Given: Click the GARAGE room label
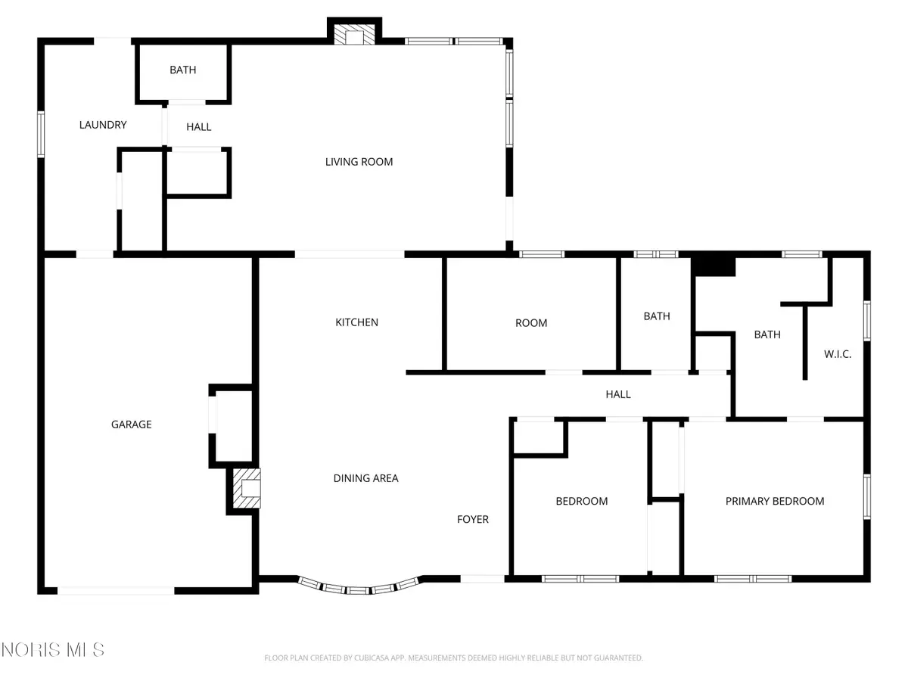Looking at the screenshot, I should tap(132, 424).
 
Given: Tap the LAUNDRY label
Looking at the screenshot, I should tap(103, 125).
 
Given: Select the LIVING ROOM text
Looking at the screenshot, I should tap(359, 161).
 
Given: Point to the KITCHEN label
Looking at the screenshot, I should tap(356, 322).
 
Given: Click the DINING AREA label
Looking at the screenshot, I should tap(365, 478).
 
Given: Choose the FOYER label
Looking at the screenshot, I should tap(472, 519).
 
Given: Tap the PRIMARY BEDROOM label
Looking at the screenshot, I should tap(774, 501).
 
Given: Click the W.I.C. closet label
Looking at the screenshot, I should tap(838, 353).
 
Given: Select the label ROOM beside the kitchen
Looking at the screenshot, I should tap(531, 323).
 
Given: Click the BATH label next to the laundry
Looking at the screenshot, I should tap(182, 70).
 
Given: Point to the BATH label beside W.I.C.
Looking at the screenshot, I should tap(767, 334).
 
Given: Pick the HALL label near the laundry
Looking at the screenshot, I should tap(199, 127).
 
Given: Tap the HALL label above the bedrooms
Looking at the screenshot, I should tap(617, 394).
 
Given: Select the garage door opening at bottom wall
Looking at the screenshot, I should tap(117, 590).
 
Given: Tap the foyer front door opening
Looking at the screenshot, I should tap(482, 579).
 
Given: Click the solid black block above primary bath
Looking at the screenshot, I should tap(714, 266).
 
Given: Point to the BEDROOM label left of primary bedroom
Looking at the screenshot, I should tap(581, 501).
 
